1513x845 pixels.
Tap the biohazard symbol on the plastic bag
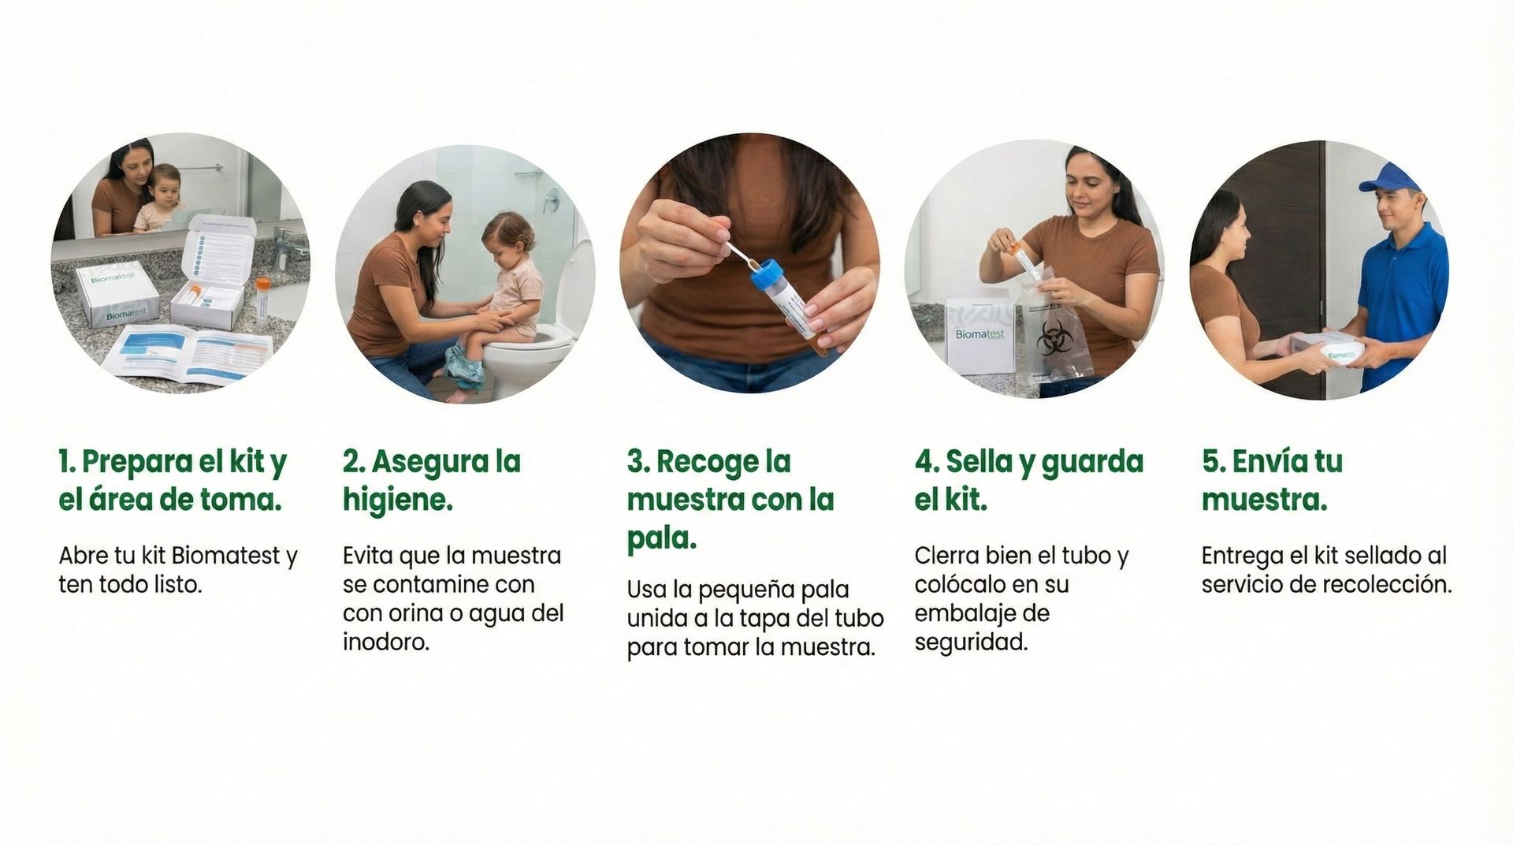tap(1051, 337)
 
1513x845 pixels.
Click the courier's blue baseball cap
tap(1390, 177)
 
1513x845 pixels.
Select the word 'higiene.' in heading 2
tap(398, 501)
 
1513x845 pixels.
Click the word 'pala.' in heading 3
tap(662, 538)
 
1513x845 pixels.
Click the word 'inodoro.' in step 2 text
tap(386, 642)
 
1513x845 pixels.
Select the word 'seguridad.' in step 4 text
tap(972, 642)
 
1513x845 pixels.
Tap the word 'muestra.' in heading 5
tap(1265, 501)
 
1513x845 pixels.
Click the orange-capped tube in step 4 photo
tap(1022, 260)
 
